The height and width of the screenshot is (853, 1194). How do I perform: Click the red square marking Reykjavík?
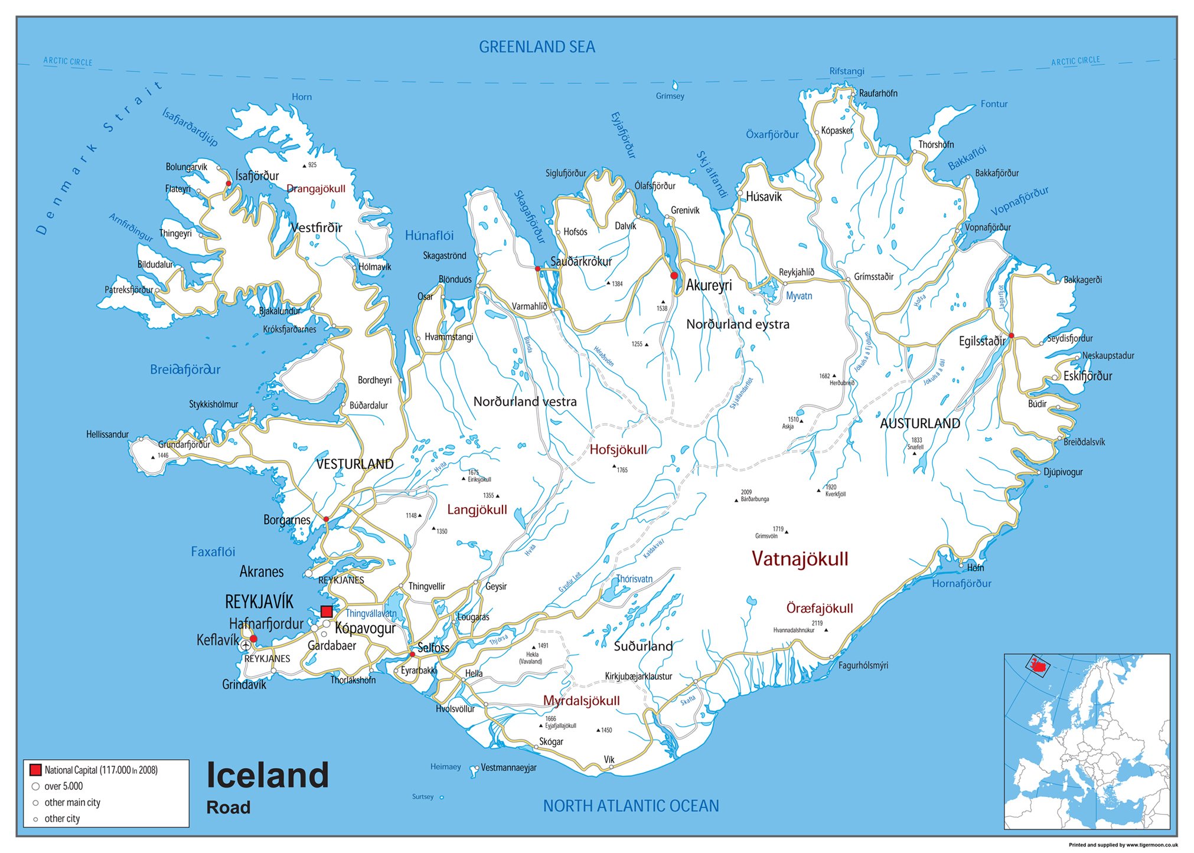327,612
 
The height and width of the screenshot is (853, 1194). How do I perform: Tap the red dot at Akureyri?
674,276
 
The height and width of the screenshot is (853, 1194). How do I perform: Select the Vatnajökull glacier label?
800,558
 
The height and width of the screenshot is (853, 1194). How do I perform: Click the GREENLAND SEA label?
537,47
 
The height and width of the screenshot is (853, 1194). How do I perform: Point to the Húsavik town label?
764,197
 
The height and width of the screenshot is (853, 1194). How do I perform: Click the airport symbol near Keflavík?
246,646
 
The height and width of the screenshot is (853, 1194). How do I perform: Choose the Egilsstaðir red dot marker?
1011,335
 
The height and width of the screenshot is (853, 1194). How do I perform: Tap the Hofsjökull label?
618,450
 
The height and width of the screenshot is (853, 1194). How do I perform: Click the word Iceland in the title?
267,776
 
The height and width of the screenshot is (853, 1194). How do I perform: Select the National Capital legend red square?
35,770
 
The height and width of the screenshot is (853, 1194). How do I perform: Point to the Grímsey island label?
670,96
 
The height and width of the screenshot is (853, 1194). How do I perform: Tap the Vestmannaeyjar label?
508,768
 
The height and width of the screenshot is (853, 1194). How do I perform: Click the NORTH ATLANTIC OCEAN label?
631,806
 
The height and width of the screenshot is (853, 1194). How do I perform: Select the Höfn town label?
976,568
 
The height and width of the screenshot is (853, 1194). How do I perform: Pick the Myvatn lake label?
798,296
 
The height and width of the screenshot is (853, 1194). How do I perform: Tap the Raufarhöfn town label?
878,93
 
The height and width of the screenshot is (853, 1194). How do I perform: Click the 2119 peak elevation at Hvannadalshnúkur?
817,623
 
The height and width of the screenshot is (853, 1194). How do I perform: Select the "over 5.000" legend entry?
63,786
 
